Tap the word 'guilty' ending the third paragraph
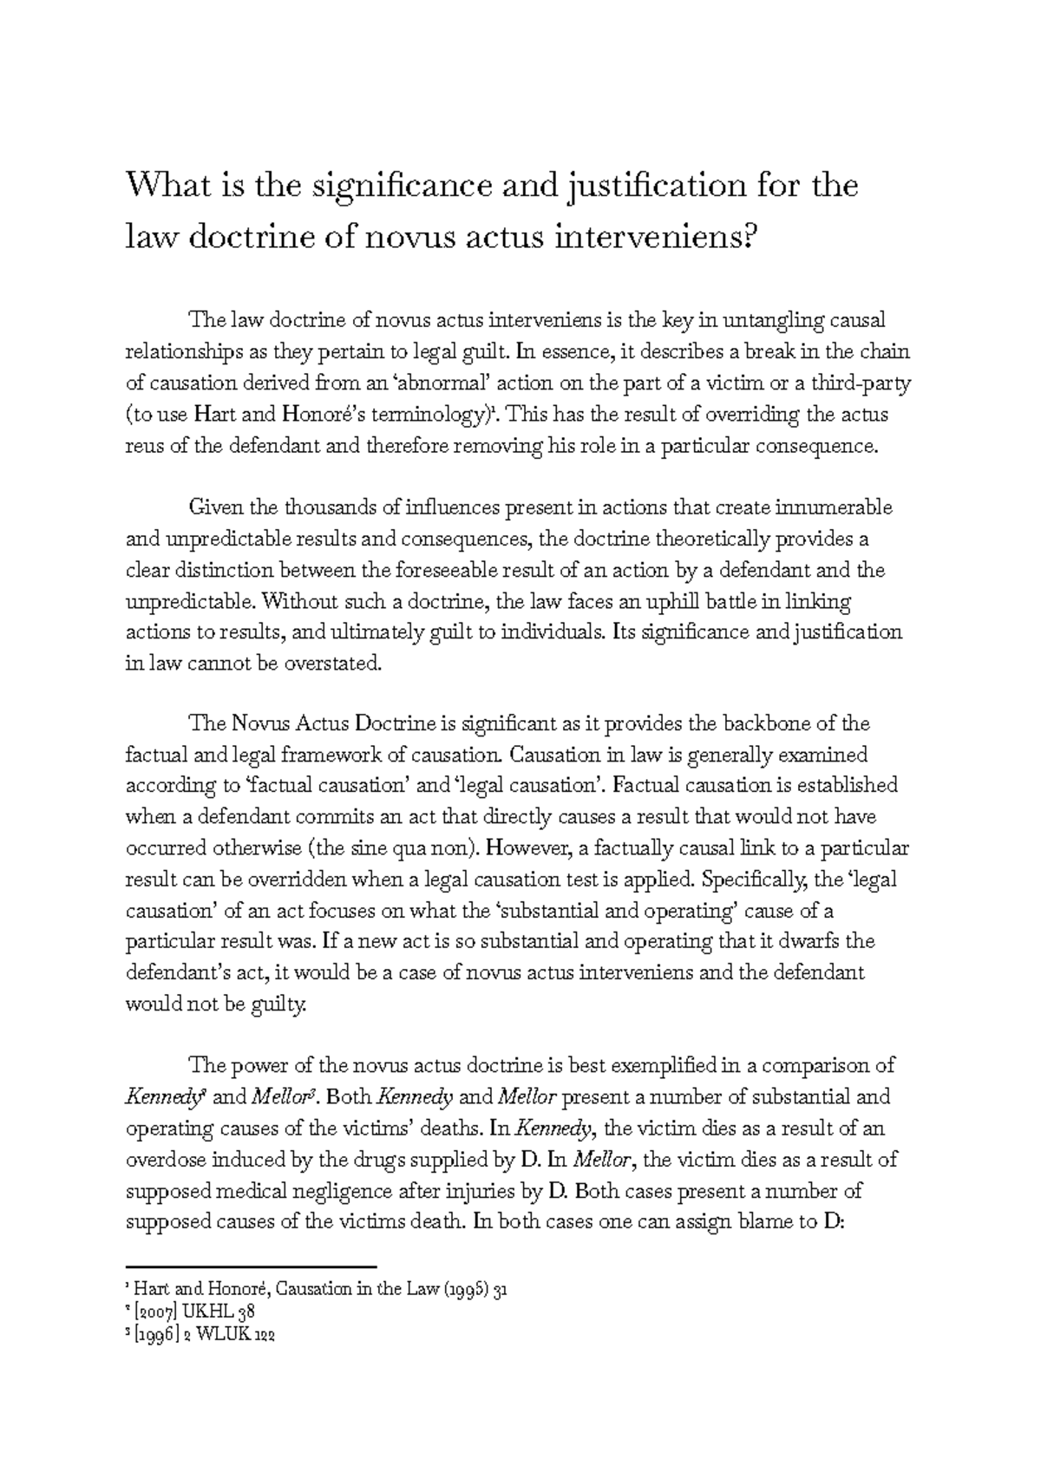(280, 1004)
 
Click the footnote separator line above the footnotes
(251, 1267)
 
